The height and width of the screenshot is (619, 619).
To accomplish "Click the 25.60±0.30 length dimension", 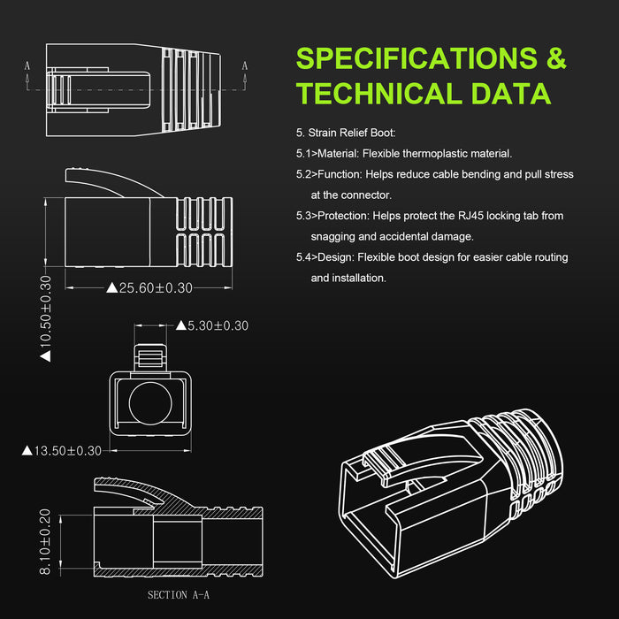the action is click(149, 287).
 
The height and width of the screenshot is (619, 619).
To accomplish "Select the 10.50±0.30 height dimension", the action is click(46, 318).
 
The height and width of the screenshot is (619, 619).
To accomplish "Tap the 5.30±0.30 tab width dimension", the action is click(212, 325).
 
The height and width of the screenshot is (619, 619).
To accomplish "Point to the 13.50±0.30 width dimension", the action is click(62, 450).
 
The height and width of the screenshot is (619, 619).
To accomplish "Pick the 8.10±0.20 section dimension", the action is click(45, 541).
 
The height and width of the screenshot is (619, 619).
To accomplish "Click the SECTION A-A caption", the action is click(179, 595).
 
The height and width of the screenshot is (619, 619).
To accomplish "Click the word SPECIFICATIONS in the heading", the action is click(416, 58).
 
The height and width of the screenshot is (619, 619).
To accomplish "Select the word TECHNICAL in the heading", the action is click(379, 94).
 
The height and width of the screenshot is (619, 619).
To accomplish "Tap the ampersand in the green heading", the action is click(556, 58).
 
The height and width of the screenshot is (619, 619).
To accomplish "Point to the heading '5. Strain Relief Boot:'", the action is click(346, 133).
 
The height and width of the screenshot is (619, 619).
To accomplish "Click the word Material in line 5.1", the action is click(338, 154).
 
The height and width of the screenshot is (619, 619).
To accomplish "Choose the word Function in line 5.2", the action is click(340, 174).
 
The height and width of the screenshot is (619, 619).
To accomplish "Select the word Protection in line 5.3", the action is click(343, 216).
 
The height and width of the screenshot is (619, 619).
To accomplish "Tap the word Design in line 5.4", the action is click(335, 257).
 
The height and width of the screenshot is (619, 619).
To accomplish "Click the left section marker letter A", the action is click(27, 65).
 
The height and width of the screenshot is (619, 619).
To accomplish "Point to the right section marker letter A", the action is click(245, 65).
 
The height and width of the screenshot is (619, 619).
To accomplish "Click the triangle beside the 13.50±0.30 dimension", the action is click(27, 450).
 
